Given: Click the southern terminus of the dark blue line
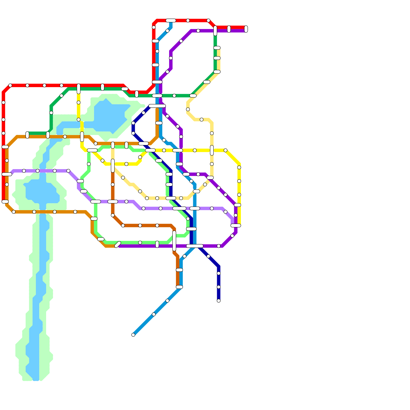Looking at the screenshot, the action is click(219, 301).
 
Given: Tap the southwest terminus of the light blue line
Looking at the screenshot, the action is click(133, 335).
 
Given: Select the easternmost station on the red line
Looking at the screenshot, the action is click(246, 29).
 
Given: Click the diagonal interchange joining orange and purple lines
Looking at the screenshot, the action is click(118, 244).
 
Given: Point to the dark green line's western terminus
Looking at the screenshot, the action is click(27, 135).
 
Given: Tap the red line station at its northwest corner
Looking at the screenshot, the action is click(10, 85).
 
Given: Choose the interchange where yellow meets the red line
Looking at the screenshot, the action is click(79, 89).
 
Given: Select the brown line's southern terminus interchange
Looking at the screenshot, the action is click(179, 287).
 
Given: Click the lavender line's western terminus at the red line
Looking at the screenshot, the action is click(7, 174).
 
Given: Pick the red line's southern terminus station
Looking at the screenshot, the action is click(5, 202).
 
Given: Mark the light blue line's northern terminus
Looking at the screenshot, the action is click(171, 20).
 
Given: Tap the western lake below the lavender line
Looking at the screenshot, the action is click(41, 191).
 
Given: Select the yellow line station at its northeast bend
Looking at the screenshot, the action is click(225, 150).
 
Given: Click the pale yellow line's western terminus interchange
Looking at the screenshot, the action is click(113, 145).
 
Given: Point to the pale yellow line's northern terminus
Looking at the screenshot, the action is click(217, 48).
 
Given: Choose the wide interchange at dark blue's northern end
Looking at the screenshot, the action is click(157, 106).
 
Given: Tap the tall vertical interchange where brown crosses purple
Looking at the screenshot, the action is click(174, 241).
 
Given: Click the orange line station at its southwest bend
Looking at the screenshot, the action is click(14, 212).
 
